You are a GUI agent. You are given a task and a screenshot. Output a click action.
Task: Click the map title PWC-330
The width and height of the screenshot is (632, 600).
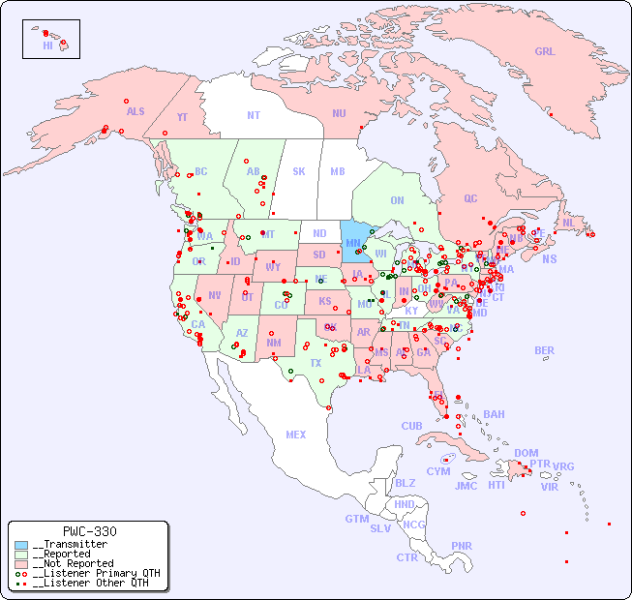(89, 531)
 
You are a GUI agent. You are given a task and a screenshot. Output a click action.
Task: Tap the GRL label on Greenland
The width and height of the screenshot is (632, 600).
(545, 51)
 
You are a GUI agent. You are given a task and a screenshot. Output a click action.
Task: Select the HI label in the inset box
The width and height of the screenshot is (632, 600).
(47, 45)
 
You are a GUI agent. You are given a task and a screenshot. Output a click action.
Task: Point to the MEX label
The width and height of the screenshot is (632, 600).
(296, 435)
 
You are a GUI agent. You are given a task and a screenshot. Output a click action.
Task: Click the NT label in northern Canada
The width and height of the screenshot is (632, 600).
(253, 114)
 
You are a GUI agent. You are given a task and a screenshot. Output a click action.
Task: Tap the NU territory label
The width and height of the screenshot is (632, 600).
(339, 113)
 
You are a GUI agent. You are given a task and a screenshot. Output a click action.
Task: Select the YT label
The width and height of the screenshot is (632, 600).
(182, 117)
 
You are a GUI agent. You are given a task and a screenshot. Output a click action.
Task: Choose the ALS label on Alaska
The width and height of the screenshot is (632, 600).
(135, 111)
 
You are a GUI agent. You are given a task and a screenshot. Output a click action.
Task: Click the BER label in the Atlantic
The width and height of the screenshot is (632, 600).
(545, 350)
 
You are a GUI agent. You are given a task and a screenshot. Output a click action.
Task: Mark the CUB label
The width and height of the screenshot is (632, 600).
(411, 426)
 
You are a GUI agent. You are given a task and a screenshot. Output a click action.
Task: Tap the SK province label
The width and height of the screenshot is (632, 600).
(299, 171)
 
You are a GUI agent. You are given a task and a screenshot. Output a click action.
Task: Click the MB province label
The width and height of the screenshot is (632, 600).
(337, 171)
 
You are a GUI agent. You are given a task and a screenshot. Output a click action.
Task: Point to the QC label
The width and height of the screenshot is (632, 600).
(470, 198)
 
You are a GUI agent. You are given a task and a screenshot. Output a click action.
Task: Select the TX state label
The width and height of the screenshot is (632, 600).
(316, 363)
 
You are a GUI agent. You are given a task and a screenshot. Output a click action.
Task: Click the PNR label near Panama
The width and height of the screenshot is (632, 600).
(462, 546)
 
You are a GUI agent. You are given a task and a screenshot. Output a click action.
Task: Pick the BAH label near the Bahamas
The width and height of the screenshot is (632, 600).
(494, 414)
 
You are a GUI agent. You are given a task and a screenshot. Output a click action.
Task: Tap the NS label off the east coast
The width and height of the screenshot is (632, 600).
(550, 258)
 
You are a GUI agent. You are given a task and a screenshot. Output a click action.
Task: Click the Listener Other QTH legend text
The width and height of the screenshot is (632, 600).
(91, 583)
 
